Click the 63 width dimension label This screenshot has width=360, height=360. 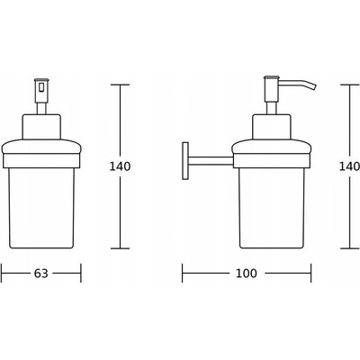tap(40, 274)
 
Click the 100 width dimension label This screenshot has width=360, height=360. tap(246, 274)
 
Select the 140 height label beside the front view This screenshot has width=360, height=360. tap(120, 166)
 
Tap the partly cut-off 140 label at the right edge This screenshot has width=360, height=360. tap(349, 166)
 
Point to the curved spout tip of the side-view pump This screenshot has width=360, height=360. tap(314, 86)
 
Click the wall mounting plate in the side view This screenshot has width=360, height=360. tap(185, 161)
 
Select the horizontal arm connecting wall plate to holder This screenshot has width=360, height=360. tap(211, 160)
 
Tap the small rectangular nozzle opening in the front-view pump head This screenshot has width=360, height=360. tap(41, 87)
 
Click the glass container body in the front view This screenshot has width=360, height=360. tap(41, 208)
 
